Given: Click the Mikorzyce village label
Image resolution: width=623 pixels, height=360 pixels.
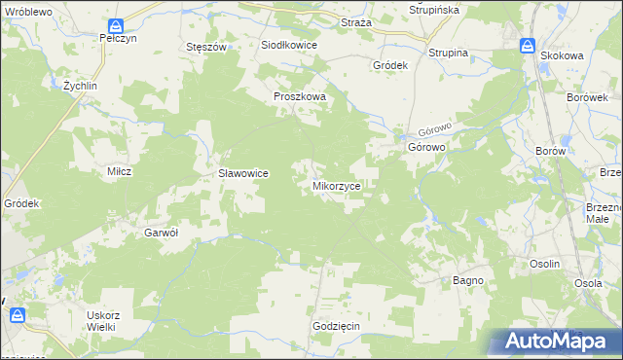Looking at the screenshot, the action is point(338,184).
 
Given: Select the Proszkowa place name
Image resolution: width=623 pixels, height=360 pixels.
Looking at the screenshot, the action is point(299,97).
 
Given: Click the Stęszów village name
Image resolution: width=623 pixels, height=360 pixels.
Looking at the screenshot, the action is point(206,47).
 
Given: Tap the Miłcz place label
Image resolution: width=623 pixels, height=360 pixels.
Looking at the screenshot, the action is point(119,170).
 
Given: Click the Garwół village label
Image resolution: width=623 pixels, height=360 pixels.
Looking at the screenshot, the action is point(161,233).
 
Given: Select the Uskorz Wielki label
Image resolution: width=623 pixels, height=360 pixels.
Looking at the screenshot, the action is point(101,320).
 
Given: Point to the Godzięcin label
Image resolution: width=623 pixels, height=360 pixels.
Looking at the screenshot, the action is point(337,326).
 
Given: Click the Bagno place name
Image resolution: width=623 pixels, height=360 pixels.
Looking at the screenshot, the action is point(468,280).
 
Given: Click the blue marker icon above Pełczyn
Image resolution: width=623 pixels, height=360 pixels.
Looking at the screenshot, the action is point(116,26).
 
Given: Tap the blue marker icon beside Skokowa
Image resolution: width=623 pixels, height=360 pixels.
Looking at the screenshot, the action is point(528,46).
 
